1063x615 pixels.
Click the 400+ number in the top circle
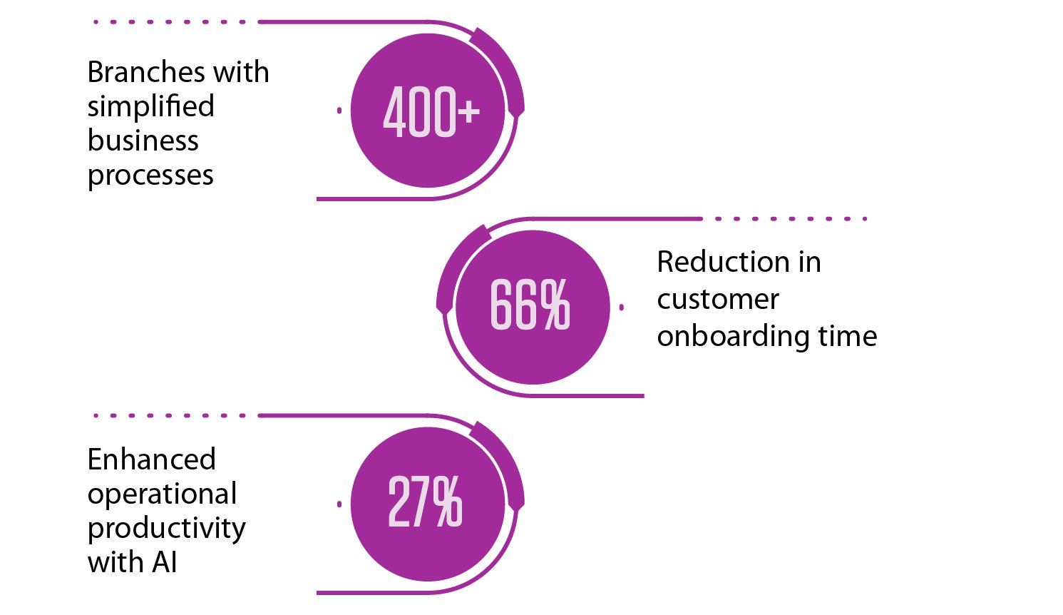coord(431,111)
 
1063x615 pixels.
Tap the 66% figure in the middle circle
coord(530,304)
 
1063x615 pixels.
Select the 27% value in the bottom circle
coord(425,502)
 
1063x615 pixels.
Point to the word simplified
coord(151,106)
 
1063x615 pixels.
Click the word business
coord(143,141)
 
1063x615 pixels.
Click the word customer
coord(718,300)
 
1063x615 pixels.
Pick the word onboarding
coord(734,337)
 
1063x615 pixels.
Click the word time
coord(848,336)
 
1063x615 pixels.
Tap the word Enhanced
coord(151,459)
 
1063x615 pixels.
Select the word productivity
coord(167,529)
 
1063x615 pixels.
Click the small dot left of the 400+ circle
coord(339,111)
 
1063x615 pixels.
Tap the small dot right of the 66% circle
coord(622,307)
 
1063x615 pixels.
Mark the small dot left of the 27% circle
coord(339,504)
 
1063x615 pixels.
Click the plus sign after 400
coord(469,112)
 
